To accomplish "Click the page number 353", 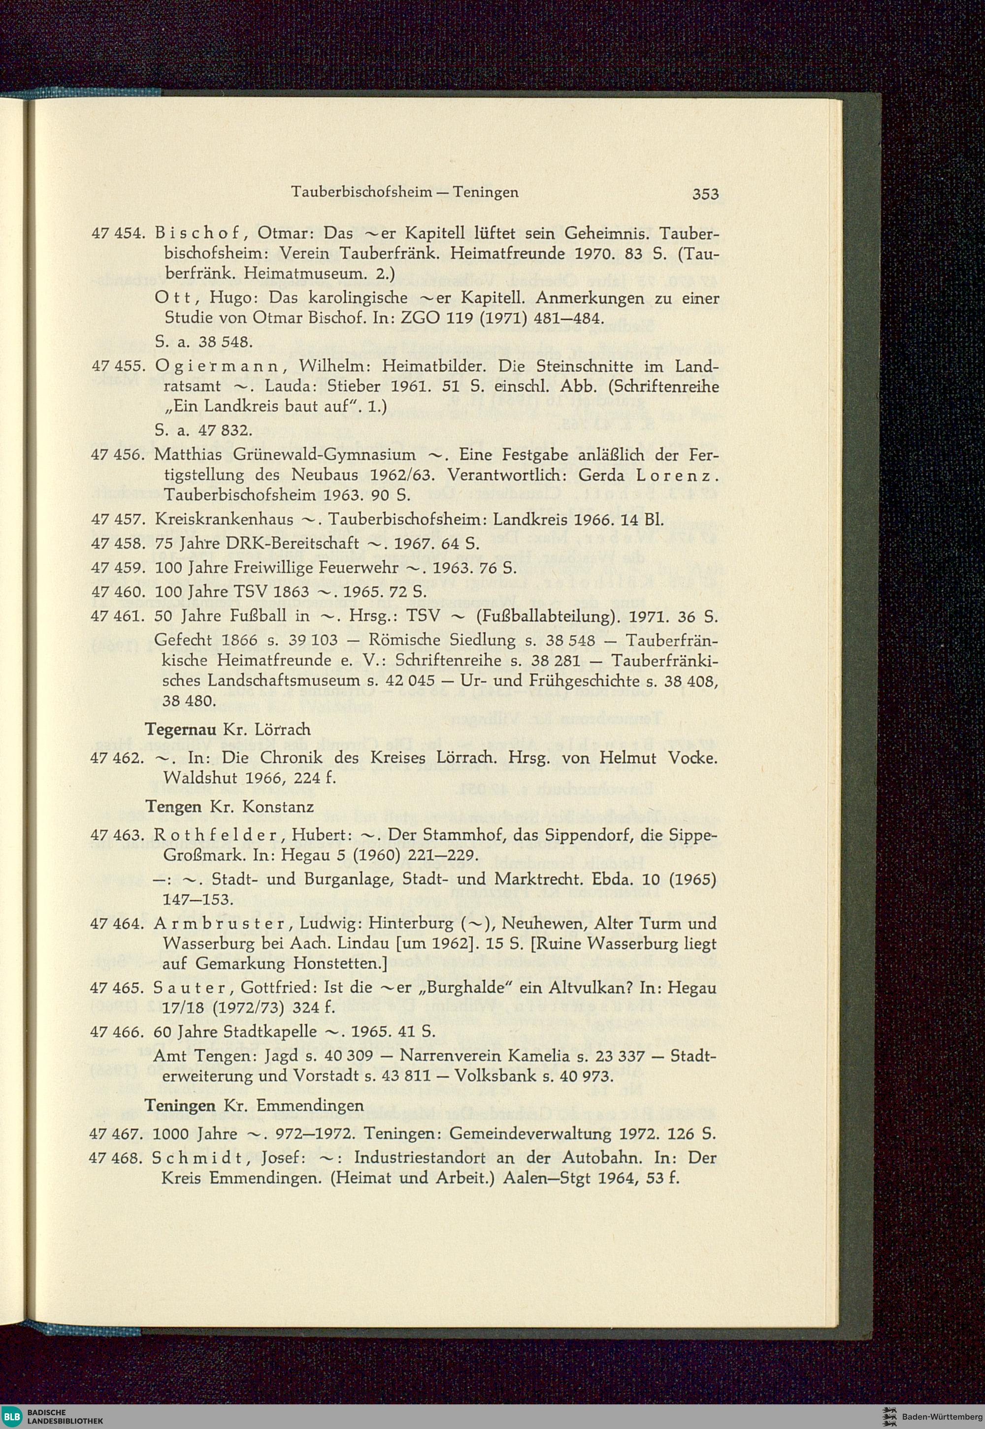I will coord(705,195).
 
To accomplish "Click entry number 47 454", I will coord(117,234).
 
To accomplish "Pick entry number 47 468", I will coord(117,1158).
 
